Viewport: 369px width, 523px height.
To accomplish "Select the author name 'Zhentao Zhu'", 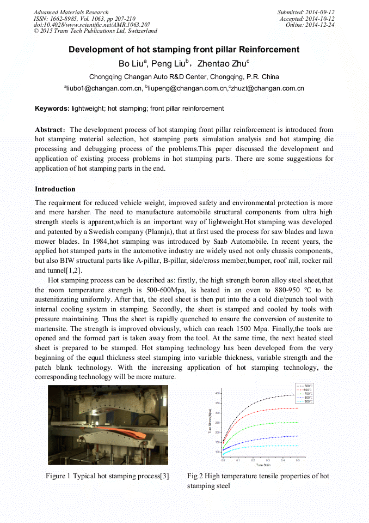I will pyautogui.click(x=225, y=63).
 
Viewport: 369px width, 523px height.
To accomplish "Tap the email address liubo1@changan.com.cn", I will pyautogui.click(x=104, y=88).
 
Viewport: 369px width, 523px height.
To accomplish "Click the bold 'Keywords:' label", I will pyautogui.click(x=52, y=109).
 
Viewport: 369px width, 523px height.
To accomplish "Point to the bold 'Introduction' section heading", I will pyautogui.click(x=55, y=189).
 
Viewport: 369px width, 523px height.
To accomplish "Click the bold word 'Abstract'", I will pyautogui.click(x=50, y=130).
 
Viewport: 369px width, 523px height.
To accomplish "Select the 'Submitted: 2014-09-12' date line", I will pyautogui.click(x=306, y=12).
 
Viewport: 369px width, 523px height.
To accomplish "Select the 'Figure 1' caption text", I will pyautogui.click(x=107, y=476).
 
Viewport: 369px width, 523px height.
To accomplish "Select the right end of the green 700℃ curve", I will pyautogui.click(x=297, y=422).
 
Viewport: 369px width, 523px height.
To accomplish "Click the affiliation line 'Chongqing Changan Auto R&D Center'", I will pyautogui.click(x=184, y=77).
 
